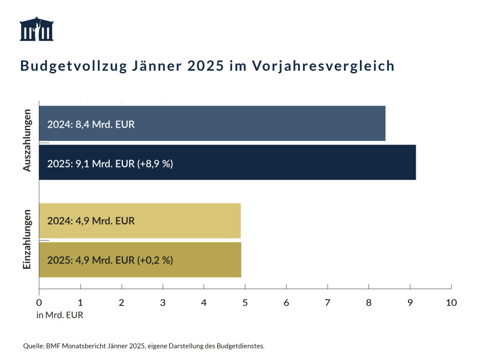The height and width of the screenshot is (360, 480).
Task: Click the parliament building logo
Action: point(37,29)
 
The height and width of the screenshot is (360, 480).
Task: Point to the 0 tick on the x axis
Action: point(39,302)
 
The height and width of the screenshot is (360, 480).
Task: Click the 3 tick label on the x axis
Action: point(163,302)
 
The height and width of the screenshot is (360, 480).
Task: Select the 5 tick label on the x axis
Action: point(245,302)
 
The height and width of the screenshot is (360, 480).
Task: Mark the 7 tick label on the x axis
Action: point(328,302)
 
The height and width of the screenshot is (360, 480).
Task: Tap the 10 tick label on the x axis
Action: point(451,302)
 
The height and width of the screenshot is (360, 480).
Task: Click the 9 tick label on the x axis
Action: point(410,302)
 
